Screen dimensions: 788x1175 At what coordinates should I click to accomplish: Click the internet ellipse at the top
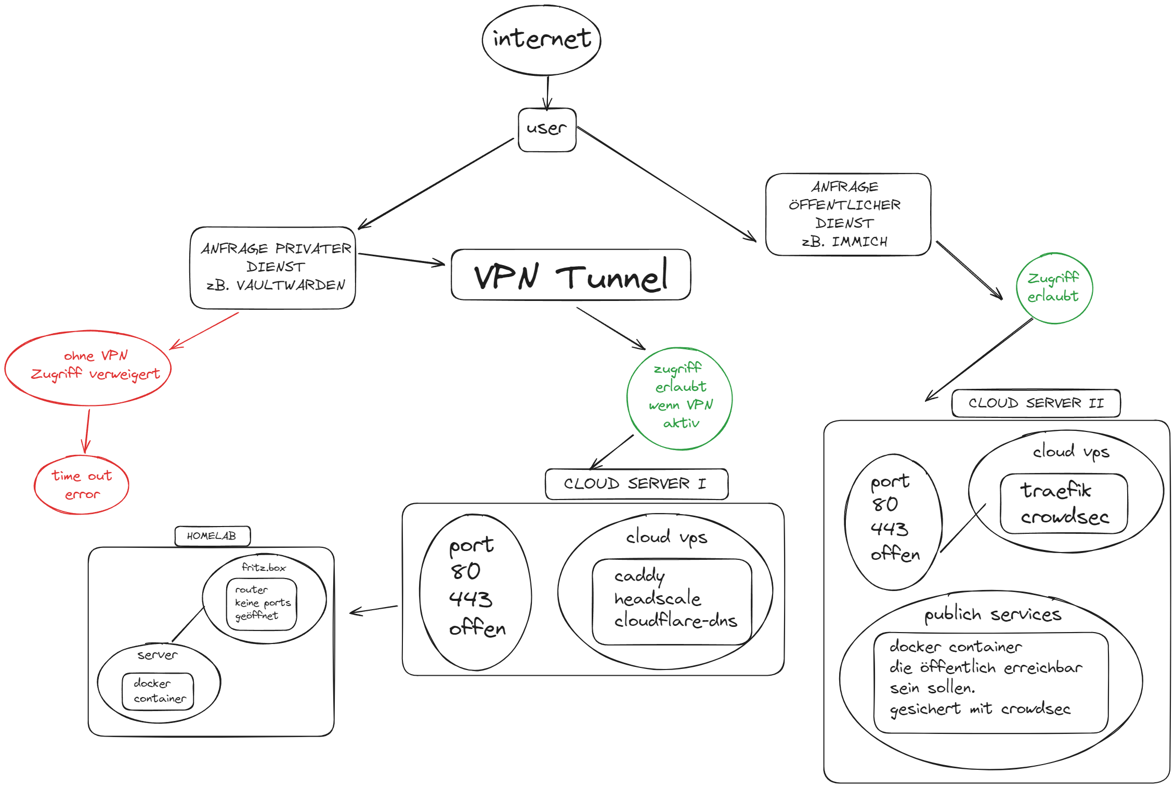click(541, 40)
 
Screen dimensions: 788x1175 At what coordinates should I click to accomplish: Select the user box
click(547, 129)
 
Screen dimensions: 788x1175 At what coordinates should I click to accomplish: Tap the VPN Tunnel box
click(570, 275)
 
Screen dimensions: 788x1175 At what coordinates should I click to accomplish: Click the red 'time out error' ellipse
click(82, 485)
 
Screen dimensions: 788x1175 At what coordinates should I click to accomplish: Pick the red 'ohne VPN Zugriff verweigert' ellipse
click(88, 368)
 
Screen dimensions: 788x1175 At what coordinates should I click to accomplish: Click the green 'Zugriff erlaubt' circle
click(1054, 288)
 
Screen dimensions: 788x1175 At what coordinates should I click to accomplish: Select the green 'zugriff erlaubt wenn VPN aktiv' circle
click(680, 398)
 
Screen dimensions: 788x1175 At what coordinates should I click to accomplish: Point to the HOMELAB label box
click(212, 536)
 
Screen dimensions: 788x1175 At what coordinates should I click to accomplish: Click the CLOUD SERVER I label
click(636, 484)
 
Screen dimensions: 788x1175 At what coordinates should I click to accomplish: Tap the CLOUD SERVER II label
click(1036, 403)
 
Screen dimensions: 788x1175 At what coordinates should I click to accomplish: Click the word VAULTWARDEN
click(291, 285)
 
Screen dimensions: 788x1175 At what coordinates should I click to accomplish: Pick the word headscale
click(658, 599)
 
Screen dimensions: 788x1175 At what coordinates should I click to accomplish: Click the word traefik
click(1055, 491)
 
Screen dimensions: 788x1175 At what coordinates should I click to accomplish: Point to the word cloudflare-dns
click(676, 621)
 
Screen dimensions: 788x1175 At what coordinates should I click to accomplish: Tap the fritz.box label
click(264, 568)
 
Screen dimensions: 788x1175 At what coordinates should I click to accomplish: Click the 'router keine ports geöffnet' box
click(262, 604)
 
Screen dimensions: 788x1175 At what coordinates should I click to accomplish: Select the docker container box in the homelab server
click(158, 691)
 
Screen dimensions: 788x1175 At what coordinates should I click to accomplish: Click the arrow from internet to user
click(547, 93)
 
